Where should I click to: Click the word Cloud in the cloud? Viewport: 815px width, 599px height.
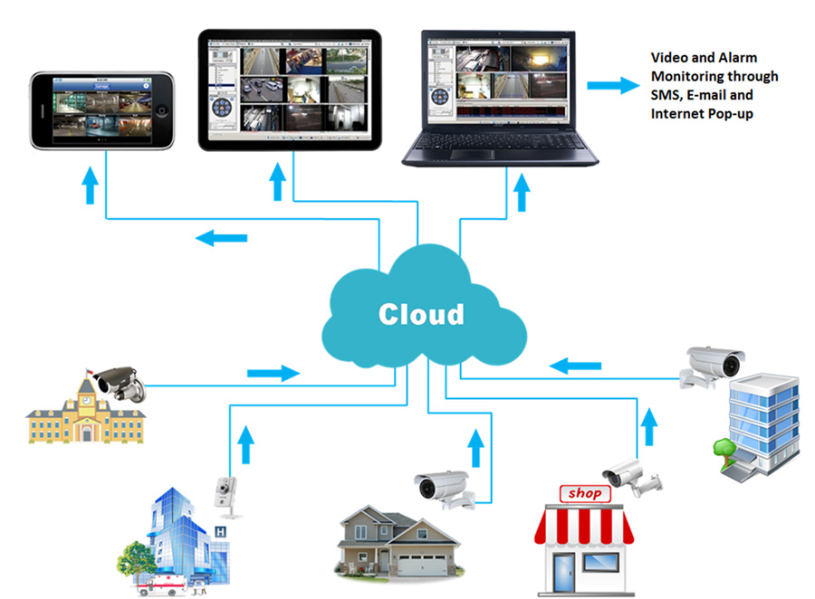(x=421, y=314)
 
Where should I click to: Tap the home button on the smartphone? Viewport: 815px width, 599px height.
(x=163, y=110)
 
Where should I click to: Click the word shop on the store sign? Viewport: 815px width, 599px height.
(x=584, y=494)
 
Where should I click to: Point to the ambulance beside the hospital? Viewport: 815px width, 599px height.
(x=162, y=585)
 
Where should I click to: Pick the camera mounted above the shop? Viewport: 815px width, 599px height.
(x=630, y=473)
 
